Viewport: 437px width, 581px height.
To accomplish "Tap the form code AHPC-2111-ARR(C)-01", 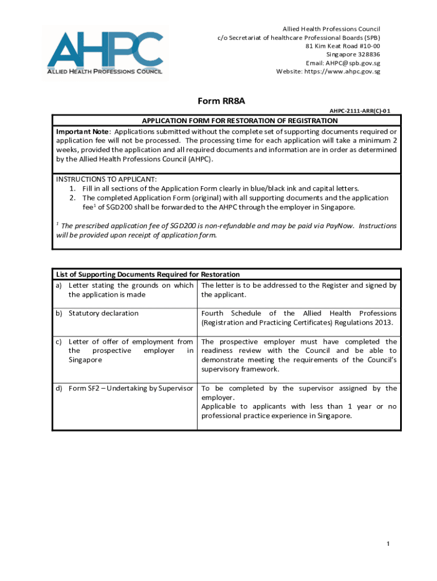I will coord(360,112).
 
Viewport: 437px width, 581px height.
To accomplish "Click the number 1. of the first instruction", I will coord(73,188).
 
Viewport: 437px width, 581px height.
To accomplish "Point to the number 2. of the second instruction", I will coord(73,198).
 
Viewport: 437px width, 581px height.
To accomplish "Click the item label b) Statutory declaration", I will coord(97,313).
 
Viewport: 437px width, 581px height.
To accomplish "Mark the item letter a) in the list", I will coord(58,285).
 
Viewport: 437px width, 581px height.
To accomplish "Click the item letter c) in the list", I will coord(58,342).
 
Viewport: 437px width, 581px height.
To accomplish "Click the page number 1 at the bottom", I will coord(388,545).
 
